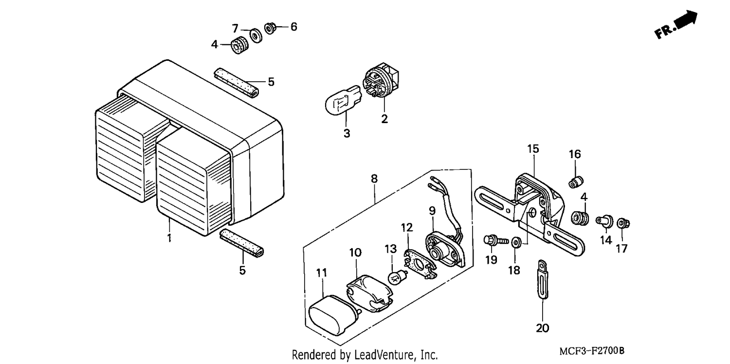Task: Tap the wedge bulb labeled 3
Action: (x=344, y=99)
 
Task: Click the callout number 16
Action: (x=575, y=154)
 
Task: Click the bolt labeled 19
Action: (x=496, y=241)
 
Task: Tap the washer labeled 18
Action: (x=515, y=242)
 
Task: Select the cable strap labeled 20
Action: (x=542, y=279)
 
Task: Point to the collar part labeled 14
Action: (x=605, y=221)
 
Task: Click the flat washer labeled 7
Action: (x=256, y=36)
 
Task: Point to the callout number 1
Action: (x=169, y=238)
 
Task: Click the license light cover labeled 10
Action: (x=369, y=293)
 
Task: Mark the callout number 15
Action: (x=533, y=149)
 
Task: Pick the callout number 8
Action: (x=374, y=179)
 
